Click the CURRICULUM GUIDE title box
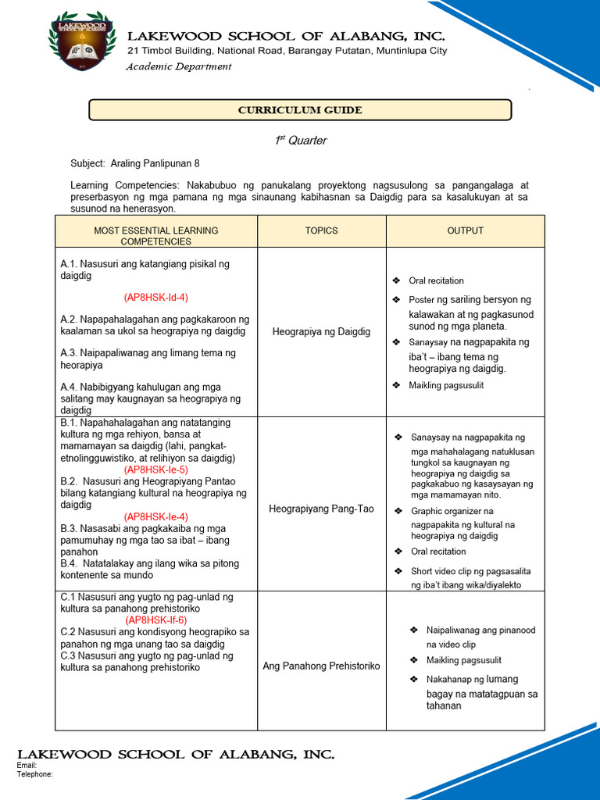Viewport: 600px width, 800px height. (300, 110)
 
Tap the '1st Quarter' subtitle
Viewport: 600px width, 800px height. (300, 141)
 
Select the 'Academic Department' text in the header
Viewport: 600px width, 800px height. (179, 66)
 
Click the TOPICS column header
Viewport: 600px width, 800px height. (322, 230)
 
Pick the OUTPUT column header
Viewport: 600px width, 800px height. (465, 230)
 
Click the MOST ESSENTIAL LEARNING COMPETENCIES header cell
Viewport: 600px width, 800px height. (156, 236)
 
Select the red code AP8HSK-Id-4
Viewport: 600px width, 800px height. (156, 298)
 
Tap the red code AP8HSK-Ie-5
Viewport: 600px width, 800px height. (156, 470)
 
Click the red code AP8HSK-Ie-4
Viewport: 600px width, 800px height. (156, 516)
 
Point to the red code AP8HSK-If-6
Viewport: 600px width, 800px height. (156, 620)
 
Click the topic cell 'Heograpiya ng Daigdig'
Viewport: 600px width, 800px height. (322, 332)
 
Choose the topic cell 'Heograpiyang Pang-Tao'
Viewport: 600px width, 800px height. (322, 509)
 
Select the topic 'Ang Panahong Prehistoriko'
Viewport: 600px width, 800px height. (322, 666)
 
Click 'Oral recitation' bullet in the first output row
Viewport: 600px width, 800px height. (436, 280)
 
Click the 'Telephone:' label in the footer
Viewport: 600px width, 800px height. (34, 774)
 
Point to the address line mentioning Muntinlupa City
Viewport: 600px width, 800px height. (287, 51)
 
